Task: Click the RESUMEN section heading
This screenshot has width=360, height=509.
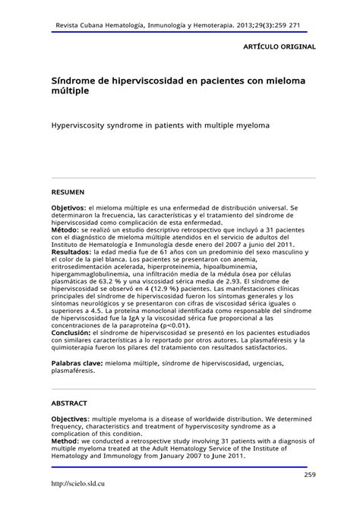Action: pyautogui.click(x=68, y=192)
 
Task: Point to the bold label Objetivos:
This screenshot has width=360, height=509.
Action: pyautogui.click(x=69, y=207)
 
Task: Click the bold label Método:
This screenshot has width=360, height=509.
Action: pyautogui.click(x=66, y=228)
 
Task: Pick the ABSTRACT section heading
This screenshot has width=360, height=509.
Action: pyautogui.click(x=69, y=403)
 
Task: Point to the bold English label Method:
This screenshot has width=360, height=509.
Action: pyautogui.click(x=66, y=440)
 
